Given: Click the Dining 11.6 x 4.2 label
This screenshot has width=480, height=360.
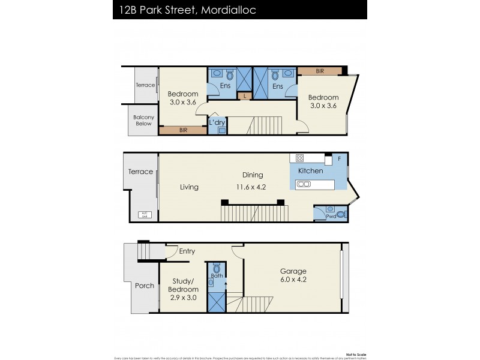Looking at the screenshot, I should pos(253,181).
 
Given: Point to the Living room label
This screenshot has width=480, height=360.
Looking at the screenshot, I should pos(189,187).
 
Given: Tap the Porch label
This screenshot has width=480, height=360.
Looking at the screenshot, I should pos(144,286).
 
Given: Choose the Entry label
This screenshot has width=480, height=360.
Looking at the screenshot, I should pos(187,251).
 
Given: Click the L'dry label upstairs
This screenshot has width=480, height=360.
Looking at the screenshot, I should pos(217,122).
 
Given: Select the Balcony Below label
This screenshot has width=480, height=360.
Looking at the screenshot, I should pos(143,121).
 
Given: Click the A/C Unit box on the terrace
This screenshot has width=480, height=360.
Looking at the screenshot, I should pos(144,214).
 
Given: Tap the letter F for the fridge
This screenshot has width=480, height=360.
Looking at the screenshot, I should pos(339,159).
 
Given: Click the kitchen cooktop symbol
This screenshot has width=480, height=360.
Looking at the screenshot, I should pos(299,158).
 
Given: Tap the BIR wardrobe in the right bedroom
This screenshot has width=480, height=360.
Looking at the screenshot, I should pos(320,71).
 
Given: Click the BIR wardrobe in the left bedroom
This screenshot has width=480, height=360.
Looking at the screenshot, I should pos(182,130).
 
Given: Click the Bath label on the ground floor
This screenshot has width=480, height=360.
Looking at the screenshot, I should pos(217,276).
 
